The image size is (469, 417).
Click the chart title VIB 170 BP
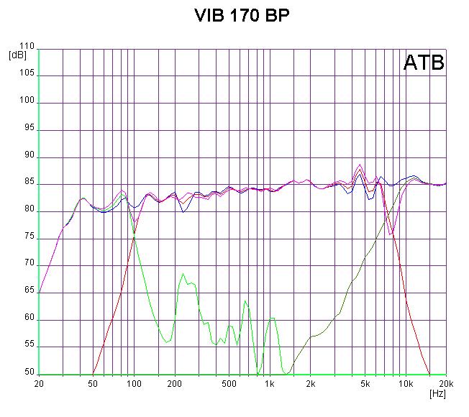tap(234, 16)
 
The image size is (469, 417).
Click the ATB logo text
tap(424, 63)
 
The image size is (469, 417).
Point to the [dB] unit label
tap(17, 55)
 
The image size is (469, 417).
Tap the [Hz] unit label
tap(437, 393)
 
